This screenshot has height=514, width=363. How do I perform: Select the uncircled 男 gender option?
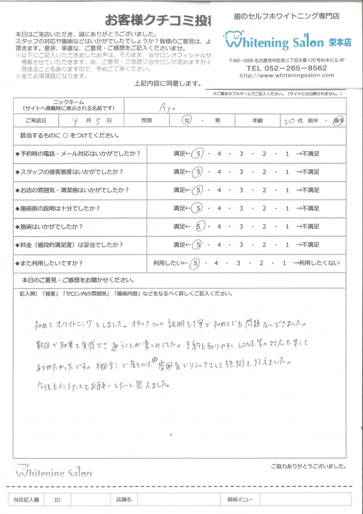click(x=217, y=121)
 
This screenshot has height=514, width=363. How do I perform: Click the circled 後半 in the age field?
click(x=338, y=121)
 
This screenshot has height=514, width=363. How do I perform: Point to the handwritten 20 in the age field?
click(x=290, y=121)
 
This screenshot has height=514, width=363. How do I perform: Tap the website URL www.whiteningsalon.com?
click(x=286, y=75)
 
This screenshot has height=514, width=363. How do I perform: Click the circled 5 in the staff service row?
click(x=200, y=172)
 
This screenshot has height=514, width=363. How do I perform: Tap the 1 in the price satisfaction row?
click(x=287, y=245)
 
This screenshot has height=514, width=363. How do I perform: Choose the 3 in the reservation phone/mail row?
click(x=241, y=153)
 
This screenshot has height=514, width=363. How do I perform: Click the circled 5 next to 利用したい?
click(x=196, y=263)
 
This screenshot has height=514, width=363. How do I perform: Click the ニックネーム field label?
click(x=69, y=102)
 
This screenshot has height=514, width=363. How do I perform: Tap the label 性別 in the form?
click(x=147, y=121)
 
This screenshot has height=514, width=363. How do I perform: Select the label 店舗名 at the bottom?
click(x=123, y=499)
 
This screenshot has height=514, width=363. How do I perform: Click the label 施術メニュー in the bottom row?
click(x=239, y=499)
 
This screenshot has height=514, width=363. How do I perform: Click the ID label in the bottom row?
click(x=57, y=499)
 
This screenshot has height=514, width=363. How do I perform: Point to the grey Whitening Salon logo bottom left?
click(x=54, y=472)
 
